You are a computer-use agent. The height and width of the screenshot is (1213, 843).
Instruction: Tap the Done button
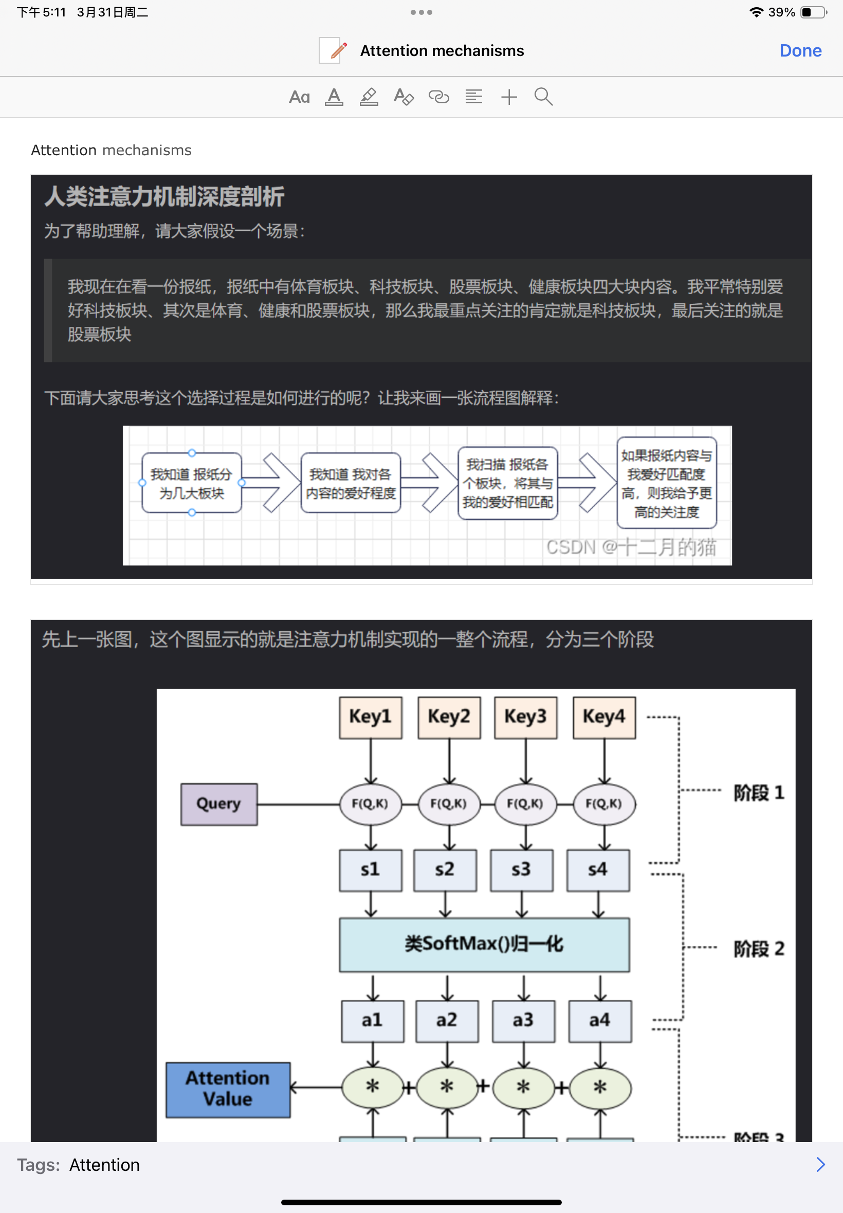coord(800,51)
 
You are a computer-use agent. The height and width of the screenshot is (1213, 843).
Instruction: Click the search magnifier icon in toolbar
coord(543,97)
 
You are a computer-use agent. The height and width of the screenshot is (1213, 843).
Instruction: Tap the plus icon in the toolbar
coord(509,97)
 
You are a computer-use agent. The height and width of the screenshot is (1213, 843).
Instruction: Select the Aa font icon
coord(299,97)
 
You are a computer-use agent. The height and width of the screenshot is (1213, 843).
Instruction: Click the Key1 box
coord(370,716)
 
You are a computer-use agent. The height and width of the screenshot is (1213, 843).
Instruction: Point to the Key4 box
coord(604,716)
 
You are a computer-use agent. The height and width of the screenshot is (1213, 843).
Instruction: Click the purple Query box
coord(218,804)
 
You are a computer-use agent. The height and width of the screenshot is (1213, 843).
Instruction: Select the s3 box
coord(521,870)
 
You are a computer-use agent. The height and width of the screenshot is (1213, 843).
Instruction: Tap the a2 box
coord(447,1020)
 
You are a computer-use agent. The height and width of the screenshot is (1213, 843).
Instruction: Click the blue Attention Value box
coord(228,1089)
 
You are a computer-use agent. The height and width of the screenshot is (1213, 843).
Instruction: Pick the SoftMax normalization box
coord(484,944)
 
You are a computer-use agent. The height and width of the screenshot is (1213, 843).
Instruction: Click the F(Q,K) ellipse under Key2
coord(448,804)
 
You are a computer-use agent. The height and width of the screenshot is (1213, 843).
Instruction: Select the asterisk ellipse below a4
coord(599,1087)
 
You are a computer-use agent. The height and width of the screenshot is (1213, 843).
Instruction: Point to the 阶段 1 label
coord(758,793)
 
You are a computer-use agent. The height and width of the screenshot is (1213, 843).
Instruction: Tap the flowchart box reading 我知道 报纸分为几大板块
coord(192,483)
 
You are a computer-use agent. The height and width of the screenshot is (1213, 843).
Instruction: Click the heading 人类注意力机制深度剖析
coord(164,196)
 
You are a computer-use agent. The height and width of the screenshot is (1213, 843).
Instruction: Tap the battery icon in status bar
coord(813,12)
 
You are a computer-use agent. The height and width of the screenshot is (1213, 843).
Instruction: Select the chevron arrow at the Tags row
coord(820,1164)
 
